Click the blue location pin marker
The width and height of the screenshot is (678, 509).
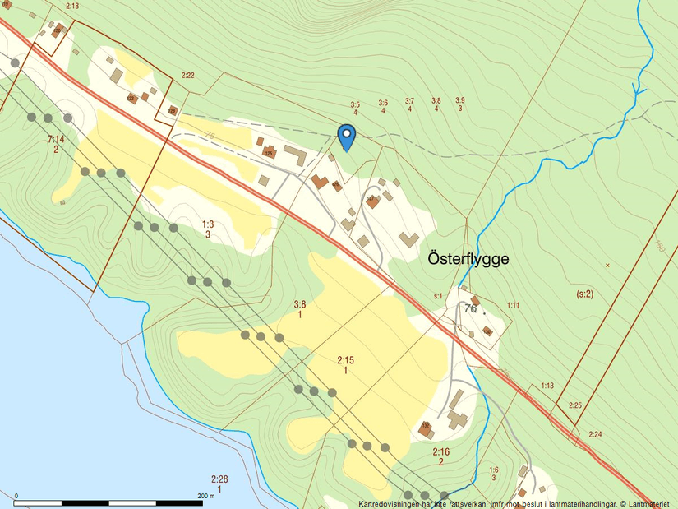click(347, 136)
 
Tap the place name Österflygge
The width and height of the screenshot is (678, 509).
click(468, 258)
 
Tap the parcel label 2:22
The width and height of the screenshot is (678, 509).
click(187, 76)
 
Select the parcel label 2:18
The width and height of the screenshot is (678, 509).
click(72, 7)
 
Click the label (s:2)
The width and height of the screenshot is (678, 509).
click(585, 294)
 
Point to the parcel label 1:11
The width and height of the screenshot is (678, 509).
click(513, 305)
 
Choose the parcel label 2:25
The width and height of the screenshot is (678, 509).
click(574, 405)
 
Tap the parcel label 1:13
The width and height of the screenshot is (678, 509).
click(547, 386)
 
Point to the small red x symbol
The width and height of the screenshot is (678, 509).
click(607, 265)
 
